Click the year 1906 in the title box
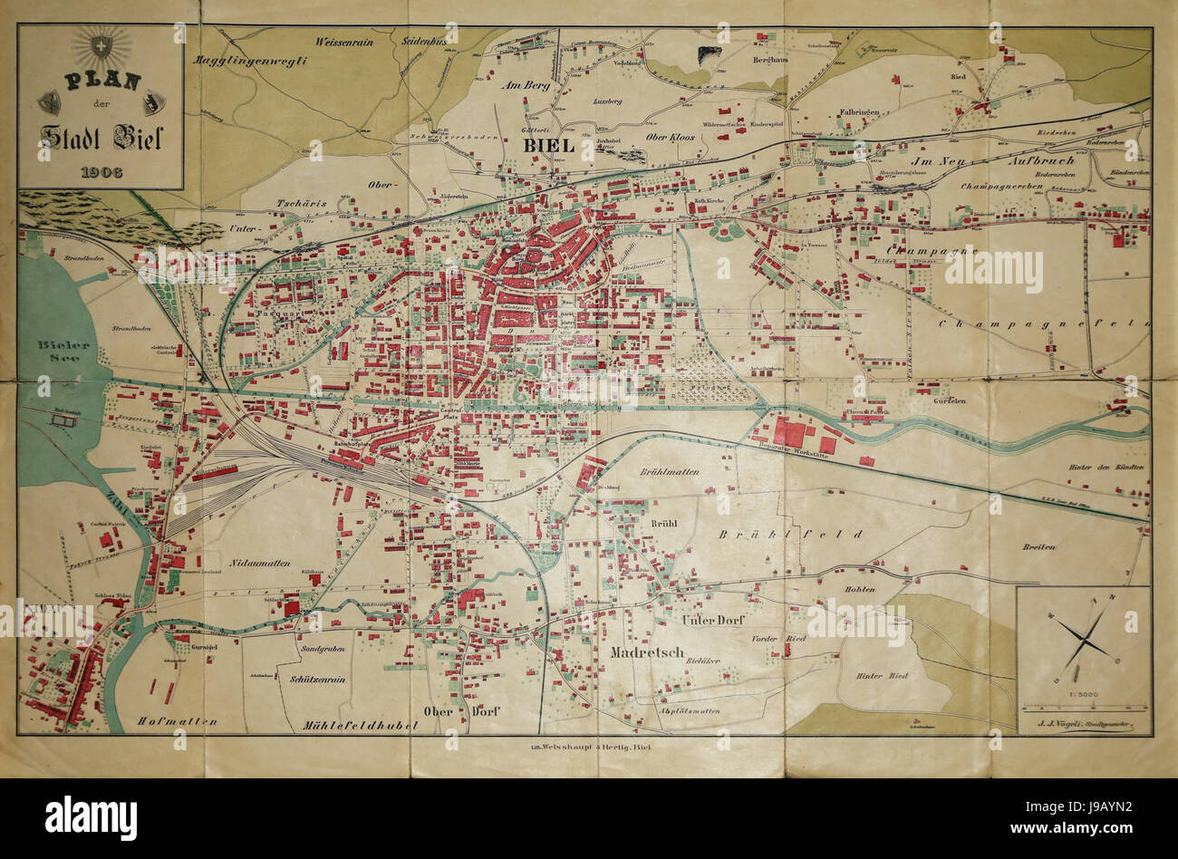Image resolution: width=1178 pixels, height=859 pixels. [x=101, y=171]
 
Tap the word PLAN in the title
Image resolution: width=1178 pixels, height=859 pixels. [x=101, y=82]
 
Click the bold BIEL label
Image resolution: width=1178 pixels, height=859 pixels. [x=548, y=145]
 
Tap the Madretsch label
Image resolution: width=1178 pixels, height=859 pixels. [x=646, y=651]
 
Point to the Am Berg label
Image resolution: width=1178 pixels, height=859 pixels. [x=525, y=85]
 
